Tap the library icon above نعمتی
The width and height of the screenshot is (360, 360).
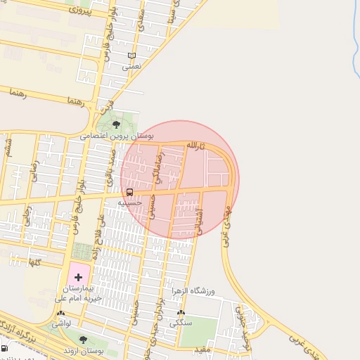[131, 56]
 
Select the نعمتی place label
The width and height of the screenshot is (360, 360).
[131, 67]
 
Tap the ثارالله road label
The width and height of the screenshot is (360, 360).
[194, 145]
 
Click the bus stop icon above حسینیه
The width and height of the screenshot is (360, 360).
[129, 192]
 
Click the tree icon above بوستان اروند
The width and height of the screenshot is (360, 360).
[83, 340]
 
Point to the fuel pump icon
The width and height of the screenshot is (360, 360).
[5, 347]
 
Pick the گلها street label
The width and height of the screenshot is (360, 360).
[33, 262]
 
